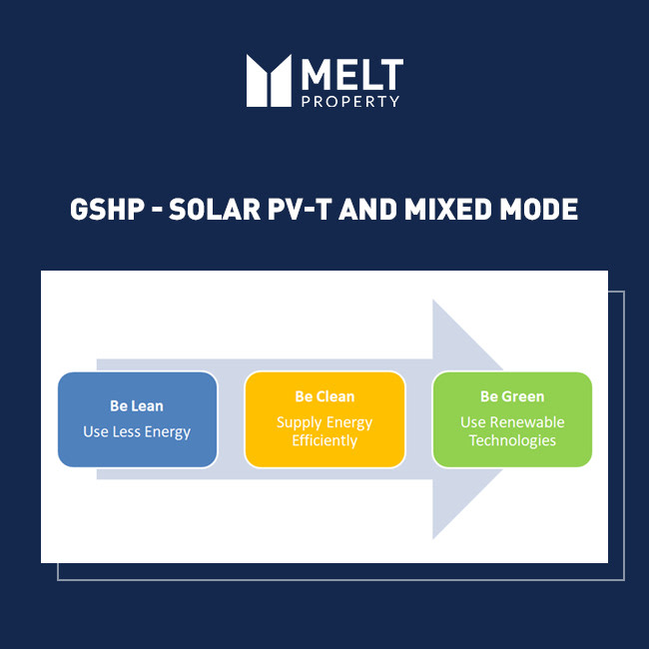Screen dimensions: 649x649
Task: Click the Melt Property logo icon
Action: point(269,80)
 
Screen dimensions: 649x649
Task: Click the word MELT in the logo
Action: point(351,73)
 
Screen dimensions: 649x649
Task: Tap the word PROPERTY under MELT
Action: point(350,101)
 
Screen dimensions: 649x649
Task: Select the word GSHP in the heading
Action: point(102,210)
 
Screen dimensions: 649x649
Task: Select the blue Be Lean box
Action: point(137,419)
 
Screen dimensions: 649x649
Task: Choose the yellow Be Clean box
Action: point(324,419)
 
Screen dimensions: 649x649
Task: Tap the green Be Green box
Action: point(511,419)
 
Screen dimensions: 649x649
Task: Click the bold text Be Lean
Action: point(137,406)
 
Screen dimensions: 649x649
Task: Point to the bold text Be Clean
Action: point(324,397)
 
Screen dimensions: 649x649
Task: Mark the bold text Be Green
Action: point(512,397)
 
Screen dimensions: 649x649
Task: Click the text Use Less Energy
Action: point(137,432)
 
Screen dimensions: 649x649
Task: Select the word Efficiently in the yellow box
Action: point(324,440)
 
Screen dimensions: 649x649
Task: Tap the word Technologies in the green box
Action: point(512,440)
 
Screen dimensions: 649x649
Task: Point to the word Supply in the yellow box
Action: point(297,423)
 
